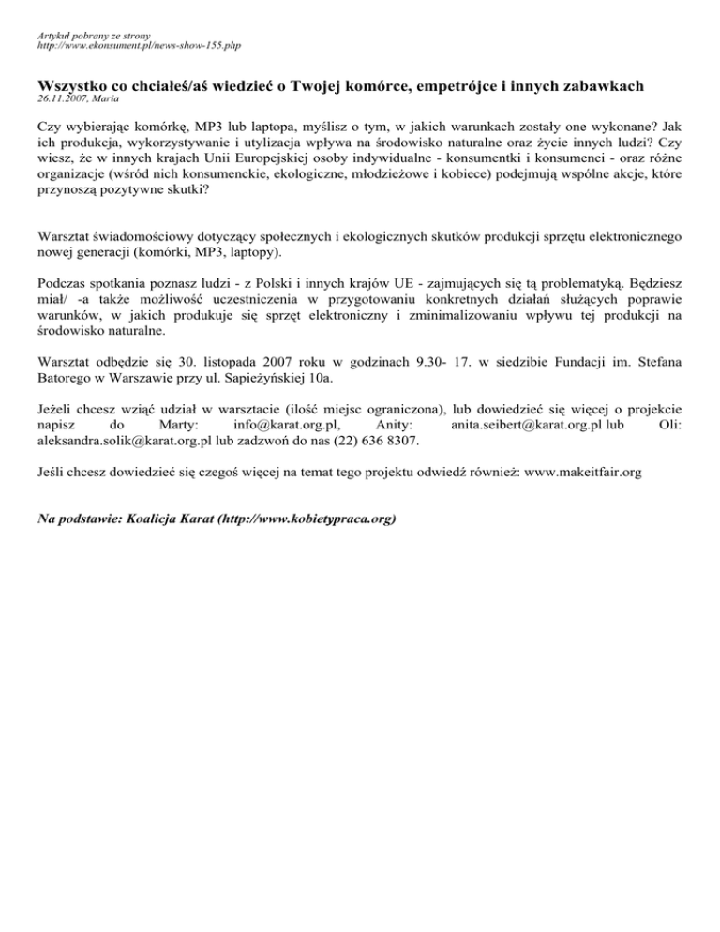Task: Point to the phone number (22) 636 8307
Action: pyautogui.click(x=373, y=439)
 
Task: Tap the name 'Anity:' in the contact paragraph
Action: pyautogui.click(x=382, y=424)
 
